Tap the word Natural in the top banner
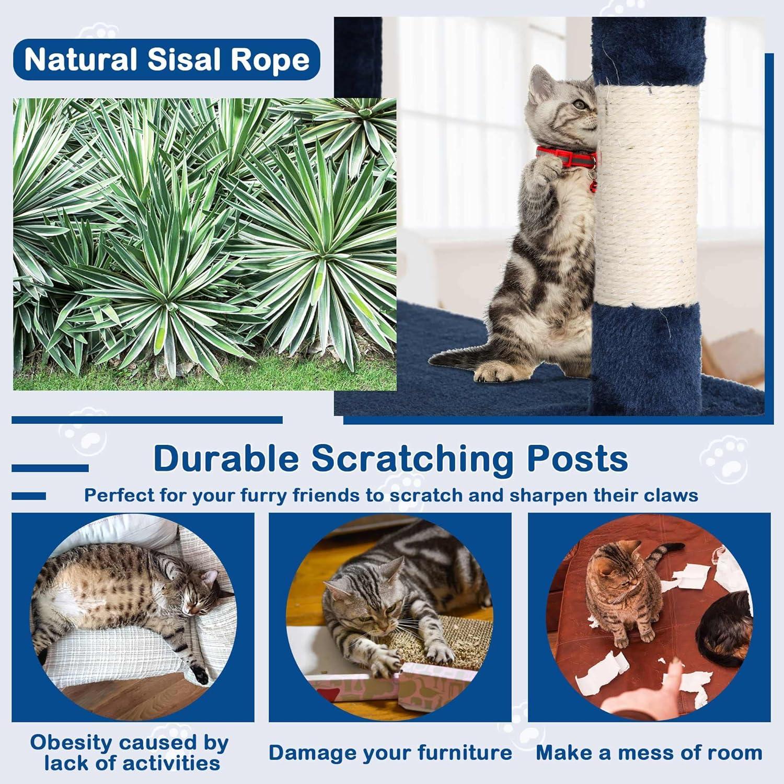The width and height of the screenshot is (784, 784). pyautogui.click(x=80, y=60)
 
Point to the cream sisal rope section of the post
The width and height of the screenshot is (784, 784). pyautogui.click(x=646, y=199)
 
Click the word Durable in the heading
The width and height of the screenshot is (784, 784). pyautogui.click(x=226, y=458)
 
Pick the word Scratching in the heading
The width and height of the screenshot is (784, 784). pyautogui.click(x=413, y=458)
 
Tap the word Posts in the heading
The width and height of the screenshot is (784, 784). pyautogui.click(x=577, y=458)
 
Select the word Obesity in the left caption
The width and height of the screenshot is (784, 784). pyautogui.click(x=71, y=742)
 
